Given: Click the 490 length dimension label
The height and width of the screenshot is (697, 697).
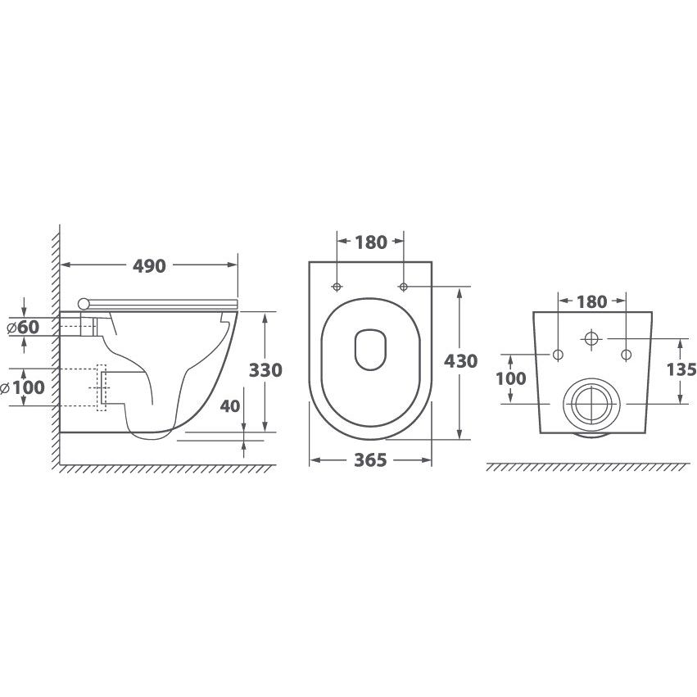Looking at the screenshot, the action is tap(149, 266).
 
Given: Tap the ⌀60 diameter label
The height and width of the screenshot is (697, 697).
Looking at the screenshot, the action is tap(24, 327).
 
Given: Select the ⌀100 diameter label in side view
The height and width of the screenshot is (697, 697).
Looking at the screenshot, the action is tap(22, 387).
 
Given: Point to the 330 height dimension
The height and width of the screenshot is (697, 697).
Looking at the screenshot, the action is tap(265, 370).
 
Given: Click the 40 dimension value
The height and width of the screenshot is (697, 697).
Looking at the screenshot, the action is tap(230, 406).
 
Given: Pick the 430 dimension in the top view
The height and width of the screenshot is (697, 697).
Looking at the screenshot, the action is tap(460, 361).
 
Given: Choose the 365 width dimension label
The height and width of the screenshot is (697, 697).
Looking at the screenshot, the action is tap(370, 460).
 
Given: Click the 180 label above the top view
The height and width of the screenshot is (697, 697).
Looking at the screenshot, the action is tap(371, 242).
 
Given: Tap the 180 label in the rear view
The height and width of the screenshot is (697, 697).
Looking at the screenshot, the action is tap(591, 302).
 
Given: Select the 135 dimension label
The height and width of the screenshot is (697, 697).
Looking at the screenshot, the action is tap(681, 369).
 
